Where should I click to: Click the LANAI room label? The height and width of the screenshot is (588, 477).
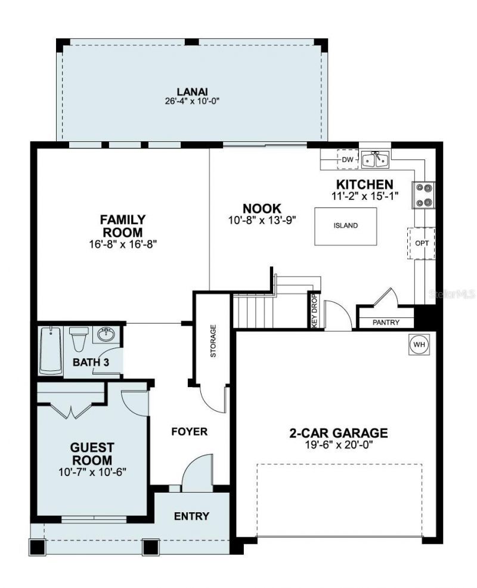click(191, 91)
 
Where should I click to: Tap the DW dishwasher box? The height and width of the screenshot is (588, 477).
click(347, 159)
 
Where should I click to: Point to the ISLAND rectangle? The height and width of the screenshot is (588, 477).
click(345, 225)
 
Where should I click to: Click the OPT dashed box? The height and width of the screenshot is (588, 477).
click(422, 243)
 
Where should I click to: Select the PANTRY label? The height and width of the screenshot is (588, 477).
click(385, 323)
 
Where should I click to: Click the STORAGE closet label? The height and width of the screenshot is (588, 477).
click(213, 341)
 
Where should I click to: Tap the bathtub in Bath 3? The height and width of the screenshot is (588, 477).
click(51, 351)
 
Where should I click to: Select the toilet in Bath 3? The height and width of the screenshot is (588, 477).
click(79, 339)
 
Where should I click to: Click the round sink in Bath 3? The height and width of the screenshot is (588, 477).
click(106, 334)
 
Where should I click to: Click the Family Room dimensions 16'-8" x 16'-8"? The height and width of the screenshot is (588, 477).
click(122, 243)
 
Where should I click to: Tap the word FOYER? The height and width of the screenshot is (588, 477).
click(190, 432)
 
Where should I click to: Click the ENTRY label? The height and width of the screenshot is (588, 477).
click(191, 516)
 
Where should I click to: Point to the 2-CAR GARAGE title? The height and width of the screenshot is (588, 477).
click(339, 433)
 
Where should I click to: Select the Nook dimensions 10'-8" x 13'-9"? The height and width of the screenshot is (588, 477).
click(262, 219)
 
